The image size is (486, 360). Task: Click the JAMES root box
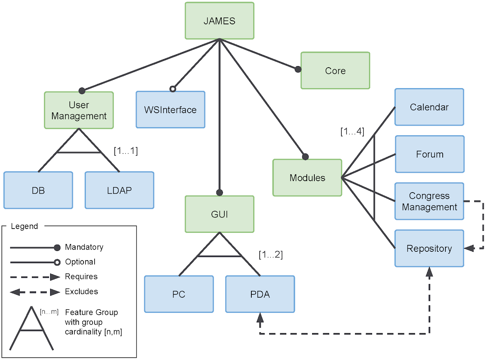click(x=219, y=21)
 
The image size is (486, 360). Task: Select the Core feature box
click(x=335, y=71)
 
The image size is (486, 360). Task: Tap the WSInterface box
click(x=170, y=110)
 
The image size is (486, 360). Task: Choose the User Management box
click(x=79, y=110)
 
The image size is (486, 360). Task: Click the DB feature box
click(x=38, y=190)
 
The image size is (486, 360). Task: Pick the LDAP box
click(x=120, y=190)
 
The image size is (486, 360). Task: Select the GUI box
click(x=219, y=214)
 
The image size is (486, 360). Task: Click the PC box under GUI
click(x=179, y=294)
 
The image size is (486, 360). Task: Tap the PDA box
click(x=260, y=294)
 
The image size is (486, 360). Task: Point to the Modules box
click(x=307, y=178)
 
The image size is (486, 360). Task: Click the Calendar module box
click(x=429, y=107)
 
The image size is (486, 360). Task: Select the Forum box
click(x=429, y=154)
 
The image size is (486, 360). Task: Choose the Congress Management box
click(x=429, y=201)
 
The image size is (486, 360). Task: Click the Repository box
click(x=429, y=248)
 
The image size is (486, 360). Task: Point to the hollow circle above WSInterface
click(x=173, y=89)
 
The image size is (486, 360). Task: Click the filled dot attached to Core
click(x=298, y=69)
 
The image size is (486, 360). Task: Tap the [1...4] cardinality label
click(x=352, y=132)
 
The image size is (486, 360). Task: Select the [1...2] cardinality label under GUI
click(x=271, y=255)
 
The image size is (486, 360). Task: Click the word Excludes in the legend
click(x=81, y=292)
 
